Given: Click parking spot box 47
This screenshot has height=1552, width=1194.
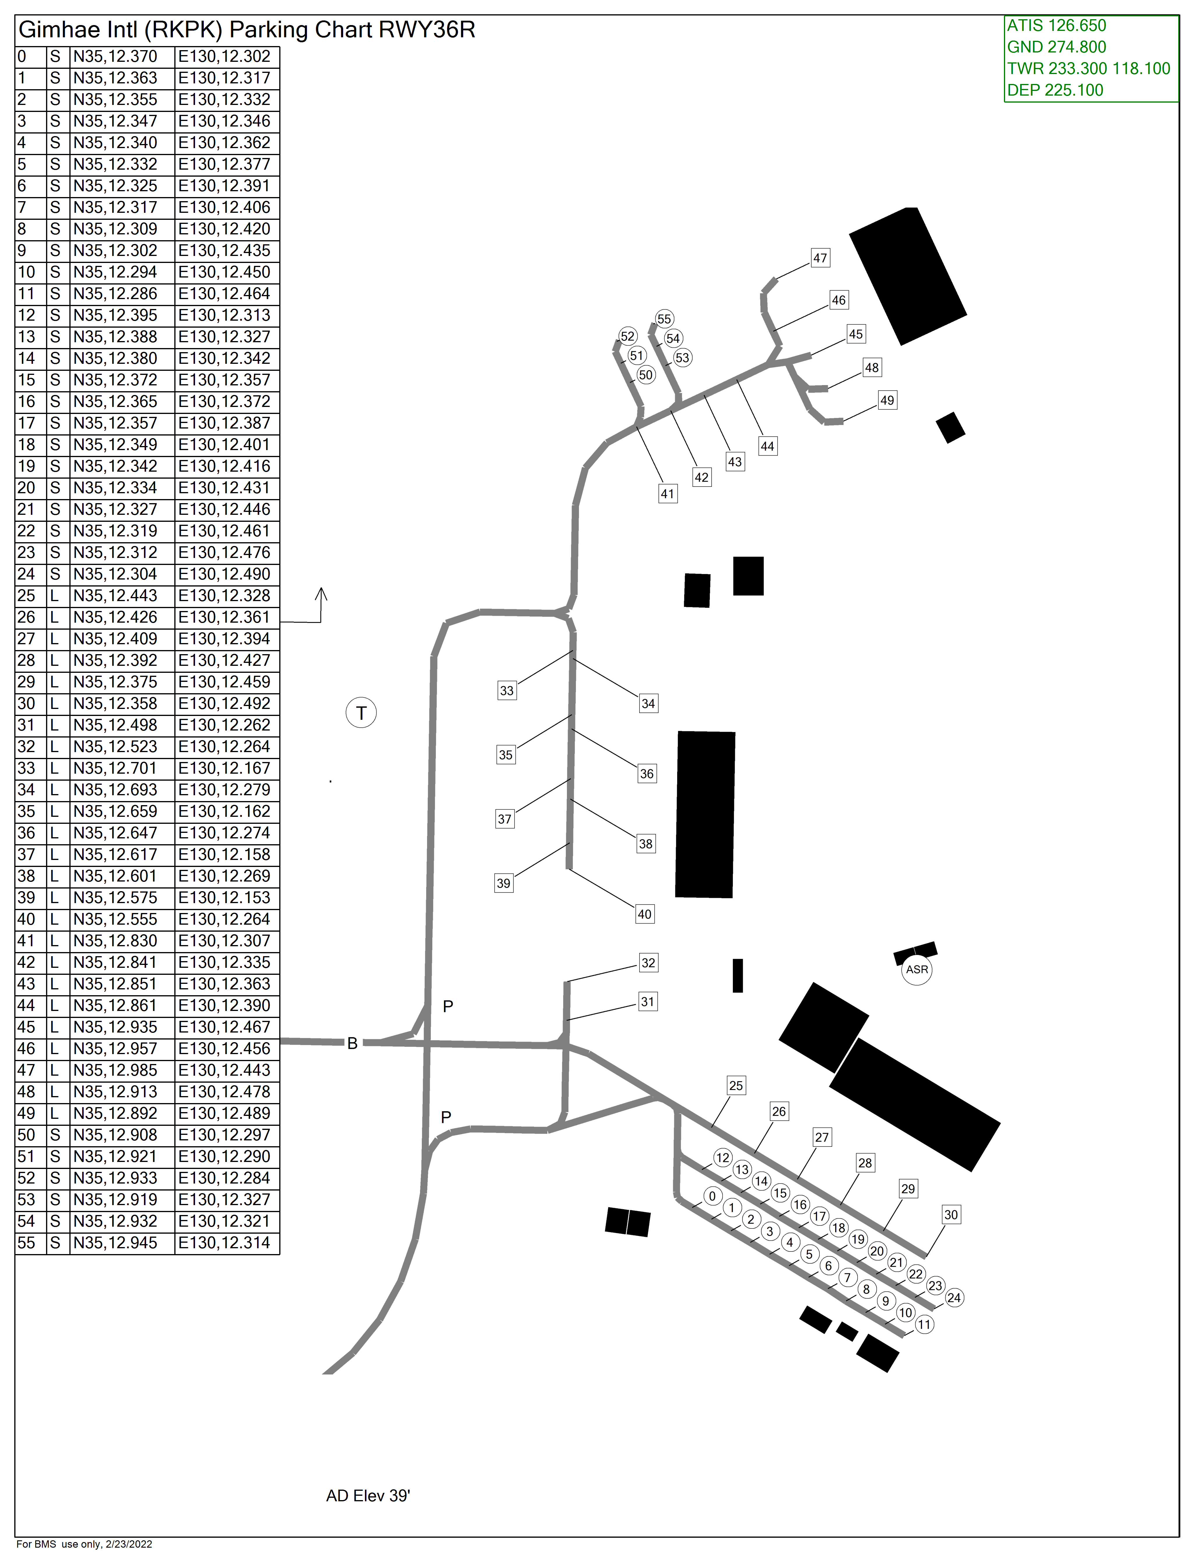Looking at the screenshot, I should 820,258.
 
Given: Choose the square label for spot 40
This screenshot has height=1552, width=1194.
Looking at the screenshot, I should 645,914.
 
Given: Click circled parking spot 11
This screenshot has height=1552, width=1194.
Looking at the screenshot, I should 924,1325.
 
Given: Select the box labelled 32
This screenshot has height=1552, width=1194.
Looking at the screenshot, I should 648,963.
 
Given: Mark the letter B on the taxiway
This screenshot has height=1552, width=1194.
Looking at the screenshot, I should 352,1044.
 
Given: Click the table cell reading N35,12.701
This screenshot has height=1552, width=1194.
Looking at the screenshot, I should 115,768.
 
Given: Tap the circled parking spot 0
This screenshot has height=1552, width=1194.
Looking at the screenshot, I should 713,1196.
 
